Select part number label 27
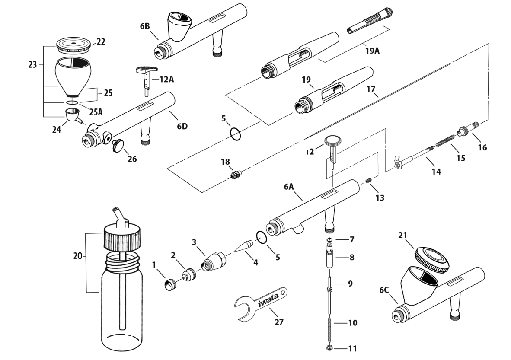pyautogui.click(x=280, y=322)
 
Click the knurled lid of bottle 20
pyautogui.click(x=122, y=238)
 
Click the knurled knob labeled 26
pyautogui.click(x=117, y=146)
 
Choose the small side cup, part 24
pyautogui.click(x=72, y=115)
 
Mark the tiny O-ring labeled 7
pyautogui.click(x=329, y=239)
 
